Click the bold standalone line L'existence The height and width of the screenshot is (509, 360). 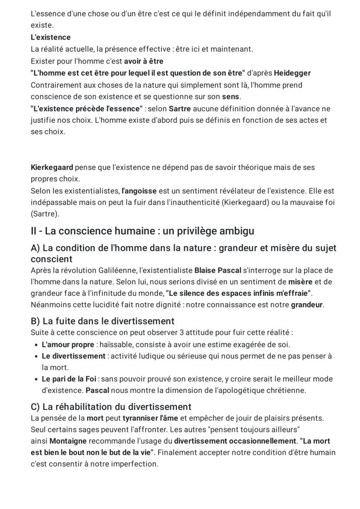[50, 37]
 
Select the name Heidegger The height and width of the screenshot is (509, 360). [292, 73]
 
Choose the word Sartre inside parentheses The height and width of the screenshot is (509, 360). [45, 214]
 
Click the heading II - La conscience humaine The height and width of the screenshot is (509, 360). [142, 231]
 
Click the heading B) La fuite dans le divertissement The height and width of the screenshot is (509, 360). [103, 321]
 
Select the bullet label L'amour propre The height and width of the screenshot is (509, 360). [68, 345]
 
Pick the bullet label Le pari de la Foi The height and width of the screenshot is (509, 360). [69, 379]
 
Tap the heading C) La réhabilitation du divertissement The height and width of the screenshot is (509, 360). [111, 407]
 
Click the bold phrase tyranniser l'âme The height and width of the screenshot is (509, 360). [147, 419]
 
